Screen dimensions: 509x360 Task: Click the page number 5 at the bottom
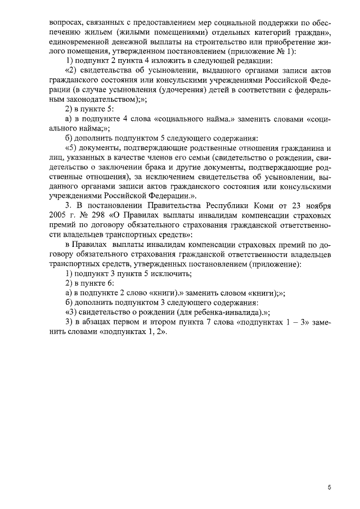click(x=329, y=487)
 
